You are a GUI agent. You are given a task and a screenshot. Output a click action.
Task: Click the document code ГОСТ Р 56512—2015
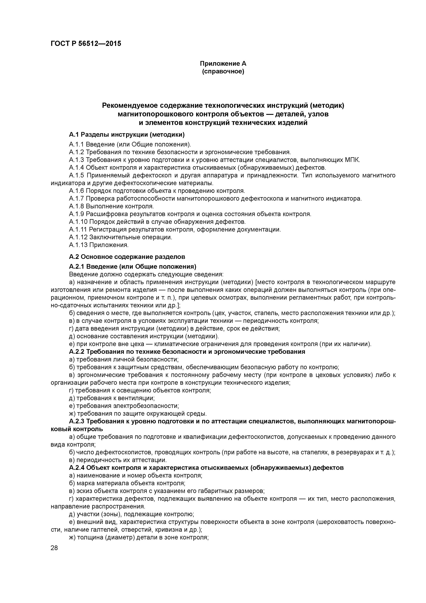click(x=86, y=44)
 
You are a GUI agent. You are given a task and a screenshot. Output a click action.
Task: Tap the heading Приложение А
click(x=223, y=64)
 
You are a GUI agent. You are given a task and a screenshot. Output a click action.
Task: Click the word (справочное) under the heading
click(x=223, y=71)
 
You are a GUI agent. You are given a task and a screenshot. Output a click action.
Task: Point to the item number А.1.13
click(x=78, y=245)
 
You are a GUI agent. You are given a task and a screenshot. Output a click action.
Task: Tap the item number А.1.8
click(x=76, y=206)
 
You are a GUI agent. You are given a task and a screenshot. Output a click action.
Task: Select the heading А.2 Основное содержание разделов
click(x=127, y=257)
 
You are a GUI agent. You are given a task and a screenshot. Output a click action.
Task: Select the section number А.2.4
click(x=77, y=468)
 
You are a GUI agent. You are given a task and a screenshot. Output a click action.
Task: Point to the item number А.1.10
click(x=78, y=222)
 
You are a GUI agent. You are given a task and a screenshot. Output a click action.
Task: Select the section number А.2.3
click(x=77, y=421)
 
